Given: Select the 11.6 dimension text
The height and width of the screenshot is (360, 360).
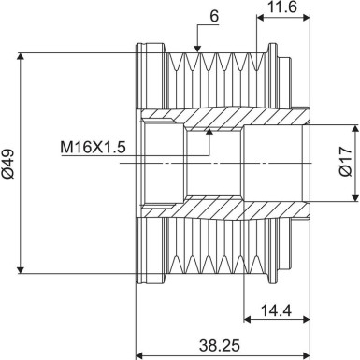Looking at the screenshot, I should coord(281,9).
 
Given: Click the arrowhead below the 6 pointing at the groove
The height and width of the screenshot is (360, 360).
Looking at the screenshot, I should coord(197,49).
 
